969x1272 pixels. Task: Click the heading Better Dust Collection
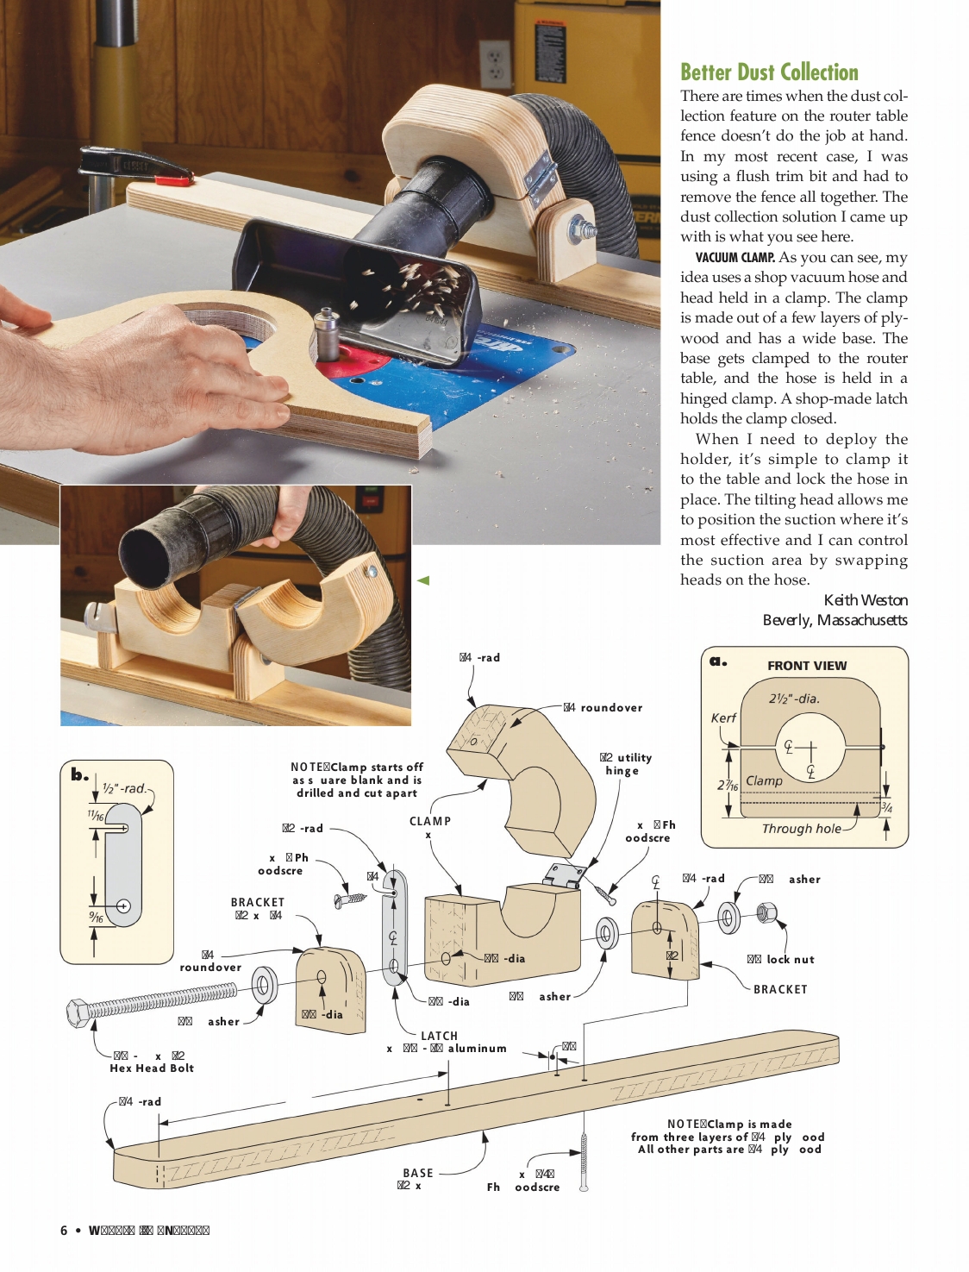pyautogui.click(x=769, y=72)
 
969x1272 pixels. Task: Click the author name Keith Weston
pyautogui.click(x=866, y=600)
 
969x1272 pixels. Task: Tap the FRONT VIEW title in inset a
pyautogui.click(x=807, y=666)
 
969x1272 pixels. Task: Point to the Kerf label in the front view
pyautogui.click(x=723, y=718)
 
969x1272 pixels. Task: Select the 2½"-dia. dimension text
pyautogui.click(x=794, y=699)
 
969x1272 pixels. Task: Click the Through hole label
pyautogui.click(x=801, y=829)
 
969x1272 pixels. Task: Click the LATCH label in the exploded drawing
pyautogui.click(x=439, y=1036)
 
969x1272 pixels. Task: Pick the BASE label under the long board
pyautogui.click(x=418, y=1173)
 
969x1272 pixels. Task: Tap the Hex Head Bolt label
pyautogui.click(x=152, y=1068)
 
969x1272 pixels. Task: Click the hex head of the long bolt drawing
pyautogui.click(x=78, y=1012)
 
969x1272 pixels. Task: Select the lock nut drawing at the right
pyautogui.click(x=766, y=912)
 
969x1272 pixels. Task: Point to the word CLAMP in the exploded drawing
pyautogui.click(x=429, y=821)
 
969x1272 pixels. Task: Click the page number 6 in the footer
pyautogui.click(x=64, y=1231)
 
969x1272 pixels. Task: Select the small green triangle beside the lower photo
pyautogui.click(x=423, y=580)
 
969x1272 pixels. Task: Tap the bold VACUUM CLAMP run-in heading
pyautogui.click(x=735, y=257)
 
